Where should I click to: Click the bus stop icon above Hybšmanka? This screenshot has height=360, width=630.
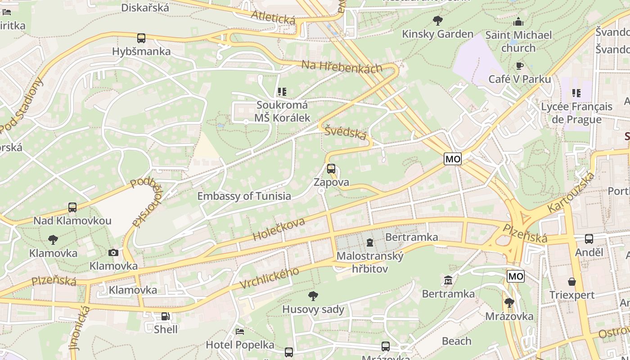[141, 38]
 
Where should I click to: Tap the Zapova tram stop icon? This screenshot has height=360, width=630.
[331, 169]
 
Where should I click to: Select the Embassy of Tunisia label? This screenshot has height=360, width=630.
[244, 196]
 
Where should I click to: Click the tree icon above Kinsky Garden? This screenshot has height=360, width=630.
[437, 20]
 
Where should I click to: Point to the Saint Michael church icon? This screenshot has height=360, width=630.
[518, 22]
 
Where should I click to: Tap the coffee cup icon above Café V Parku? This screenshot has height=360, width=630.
[519, 66]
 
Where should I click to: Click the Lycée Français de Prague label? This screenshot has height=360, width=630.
[576, 113]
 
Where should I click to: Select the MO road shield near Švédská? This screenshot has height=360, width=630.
[453, 159]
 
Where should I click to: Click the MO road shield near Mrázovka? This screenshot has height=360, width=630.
[516, 276]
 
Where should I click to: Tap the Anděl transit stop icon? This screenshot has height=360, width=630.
[589, 239]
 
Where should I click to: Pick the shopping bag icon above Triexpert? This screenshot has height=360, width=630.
[571, 282]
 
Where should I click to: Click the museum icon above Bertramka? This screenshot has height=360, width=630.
[448, 281]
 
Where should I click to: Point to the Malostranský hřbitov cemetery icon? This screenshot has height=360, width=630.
[370, 243]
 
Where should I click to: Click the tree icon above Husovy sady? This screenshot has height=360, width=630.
[313, 296]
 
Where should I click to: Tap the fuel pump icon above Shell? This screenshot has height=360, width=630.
[166, 316]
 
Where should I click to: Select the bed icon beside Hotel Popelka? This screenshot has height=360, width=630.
[240, 332]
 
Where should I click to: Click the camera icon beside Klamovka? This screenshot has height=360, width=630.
[113, 252]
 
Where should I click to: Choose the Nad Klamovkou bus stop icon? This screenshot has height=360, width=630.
[72, 207]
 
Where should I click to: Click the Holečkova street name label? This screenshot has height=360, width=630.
[279, 229]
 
